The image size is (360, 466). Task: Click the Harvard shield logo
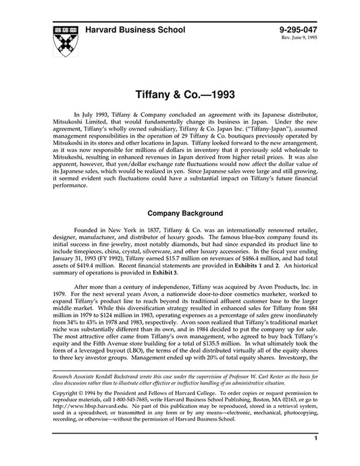coord(66,40)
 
